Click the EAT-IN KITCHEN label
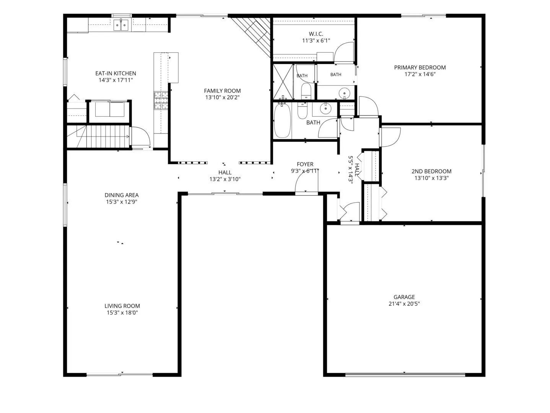[x=116, y=73]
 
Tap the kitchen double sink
[x=121, y=25]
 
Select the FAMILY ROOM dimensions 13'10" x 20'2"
[x=222, y=98]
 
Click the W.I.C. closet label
[x=316, y=34]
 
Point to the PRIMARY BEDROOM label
[x=420, y=67]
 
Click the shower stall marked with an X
[x=283, y=82]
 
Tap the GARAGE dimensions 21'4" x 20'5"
[x=404, y=304]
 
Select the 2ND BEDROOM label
[x=431, y=171]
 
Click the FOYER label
[x=305, y=164]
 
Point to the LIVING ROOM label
[x=122, y=306]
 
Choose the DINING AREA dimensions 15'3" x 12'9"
[x=122, y=202]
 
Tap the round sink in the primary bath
[x=344, y=93]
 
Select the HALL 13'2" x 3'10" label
[x=225, y=176]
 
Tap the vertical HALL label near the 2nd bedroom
[x=358, y=170]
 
